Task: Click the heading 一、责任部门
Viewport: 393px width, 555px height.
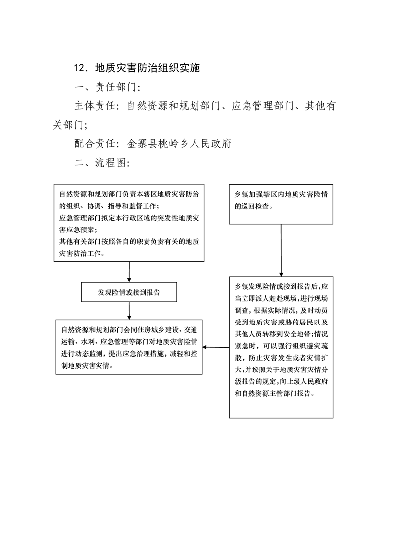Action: coord(107,87)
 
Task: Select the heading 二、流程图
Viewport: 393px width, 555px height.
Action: coord(102,162)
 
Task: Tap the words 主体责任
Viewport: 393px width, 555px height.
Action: coord(95,105)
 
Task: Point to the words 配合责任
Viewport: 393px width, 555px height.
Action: coord(95,143)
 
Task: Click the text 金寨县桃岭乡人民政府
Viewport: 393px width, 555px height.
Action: coord(179,143)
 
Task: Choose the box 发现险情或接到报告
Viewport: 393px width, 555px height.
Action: coord(129,292)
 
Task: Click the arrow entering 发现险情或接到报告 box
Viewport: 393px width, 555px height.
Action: coord(129,272)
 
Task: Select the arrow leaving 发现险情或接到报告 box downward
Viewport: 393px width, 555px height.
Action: coord(129,311)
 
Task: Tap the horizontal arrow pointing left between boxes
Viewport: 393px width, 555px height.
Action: coord(216,347)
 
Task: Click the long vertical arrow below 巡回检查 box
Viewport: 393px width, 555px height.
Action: coord(281,250)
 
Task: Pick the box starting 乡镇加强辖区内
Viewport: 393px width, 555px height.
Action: coord(281,204)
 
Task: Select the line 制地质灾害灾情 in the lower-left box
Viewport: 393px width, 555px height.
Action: coord(87,366)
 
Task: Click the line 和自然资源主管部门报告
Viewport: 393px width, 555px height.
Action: coord(275,393)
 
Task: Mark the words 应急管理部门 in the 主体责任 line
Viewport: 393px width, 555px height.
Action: coord(263,105)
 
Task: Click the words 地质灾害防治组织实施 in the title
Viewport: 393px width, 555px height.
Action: coord(147,68)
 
